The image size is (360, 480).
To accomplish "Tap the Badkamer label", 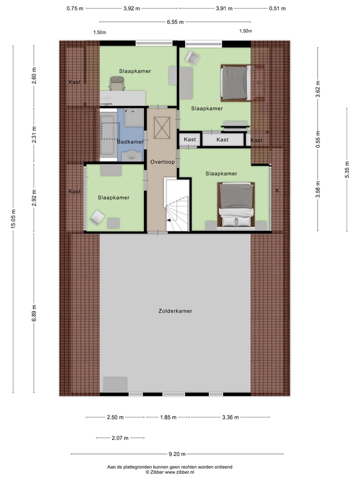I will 130,142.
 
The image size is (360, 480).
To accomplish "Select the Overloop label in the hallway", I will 161,162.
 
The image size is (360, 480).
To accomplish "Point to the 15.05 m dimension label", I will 13,220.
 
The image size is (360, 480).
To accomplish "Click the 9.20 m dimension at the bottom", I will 177,454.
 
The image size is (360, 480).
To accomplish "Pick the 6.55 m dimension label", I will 175,22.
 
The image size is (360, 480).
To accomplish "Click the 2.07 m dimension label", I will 119,438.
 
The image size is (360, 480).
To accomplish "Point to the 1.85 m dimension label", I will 167,417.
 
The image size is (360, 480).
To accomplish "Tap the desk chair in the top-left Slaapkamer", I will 116,83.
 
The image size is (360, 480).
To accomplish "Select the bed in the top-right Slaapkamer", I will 235,82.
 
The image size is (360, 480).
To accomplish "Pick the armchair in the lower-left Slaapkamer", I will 97,217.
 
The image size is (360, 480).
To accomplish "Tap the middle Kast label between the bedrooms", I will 222,139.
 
